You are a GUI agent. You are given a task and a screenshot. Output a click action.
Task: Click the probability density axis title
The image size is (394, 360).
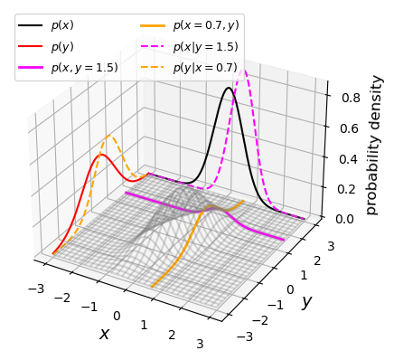pos(374,145)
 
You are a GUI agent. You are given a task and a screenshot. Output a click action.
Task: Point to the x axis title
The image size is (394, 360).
pos(104,334)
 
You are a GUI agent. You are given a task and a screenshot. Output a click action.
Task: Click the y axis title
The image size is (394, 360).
pos(306,301)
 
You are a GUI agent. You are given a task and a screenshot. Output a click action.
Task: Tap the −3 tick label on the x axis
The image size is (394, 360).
pos(37,288)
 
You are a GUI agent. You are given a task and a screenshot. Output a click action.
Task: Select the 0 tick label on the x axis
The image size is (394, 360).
pos(117,315)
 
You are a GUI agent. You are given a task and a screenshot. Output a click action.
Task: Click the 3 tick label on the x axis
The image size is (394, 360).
pos(201,345)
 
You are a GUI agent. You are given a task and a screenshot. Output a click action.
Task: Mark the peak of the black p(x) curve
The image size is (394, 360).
pos(229,88)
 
